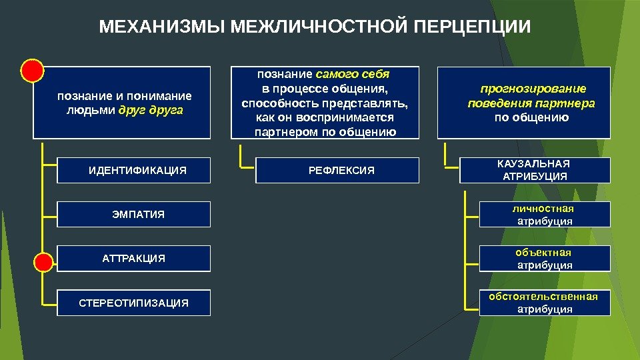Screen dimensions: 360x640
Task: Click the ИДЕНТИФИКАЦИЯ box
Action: tap(134, 170)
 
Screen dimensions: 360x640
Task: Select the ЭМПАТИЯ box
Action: tap(134, 214)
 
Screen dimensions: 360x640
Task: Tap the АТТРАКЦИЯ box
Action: tap(134, 258)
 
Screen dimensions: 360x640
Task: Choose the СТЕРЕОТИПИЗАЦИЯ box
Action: tap(134, 303)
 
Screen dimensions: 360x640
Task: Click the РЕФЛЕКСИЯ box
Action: tap(338, 170)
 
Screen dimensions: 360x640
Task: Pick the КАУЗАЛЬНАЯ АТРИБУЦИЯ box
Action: tap(534, 170)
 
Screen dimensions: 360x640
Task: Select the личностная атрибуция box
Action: tap(545, 215)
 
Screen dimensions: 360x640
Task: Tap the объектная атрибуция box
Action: tap(545, 259)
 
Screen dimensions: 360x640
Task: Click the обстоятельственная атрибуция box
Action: tap(545, 302)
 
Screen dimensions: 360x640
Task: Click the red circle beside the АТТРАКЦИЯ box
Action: tap(43, 263)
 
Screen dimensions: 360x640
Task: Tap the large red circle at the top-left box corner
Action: tap(32, 70)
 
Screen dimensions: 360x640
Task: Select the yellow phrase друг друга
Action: tap(151, 109)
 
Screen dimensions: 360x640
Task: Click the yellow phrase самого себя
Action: tap(353, 73)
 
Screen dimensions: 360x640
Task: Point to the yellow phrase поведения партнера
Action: tap(531, 103)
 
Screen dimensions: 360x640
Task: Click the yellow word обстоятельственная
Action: tap(543, 296)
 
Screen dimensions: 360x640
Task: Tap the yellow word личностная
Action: tap(545, 209)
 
